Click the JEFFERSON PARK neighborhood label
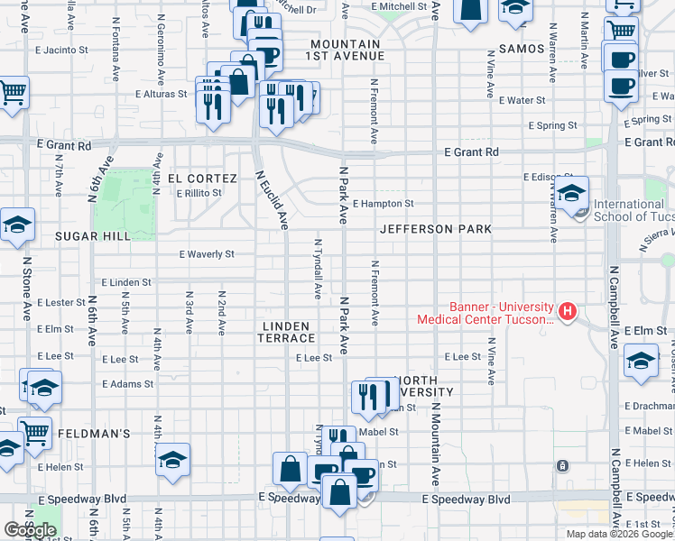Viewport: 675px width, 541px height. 436,229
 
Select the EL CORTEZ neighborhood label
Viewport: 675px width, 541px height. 200,179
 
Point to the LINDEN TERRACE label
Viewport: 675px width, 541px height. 288,332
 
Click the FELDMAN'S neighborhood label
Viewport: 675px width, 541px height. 95,434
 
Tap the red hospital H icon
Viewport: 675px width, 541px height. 567,312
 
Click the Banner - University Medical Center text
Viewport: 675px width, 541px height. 485,313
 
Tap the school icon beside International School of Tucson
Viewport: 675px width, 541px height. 571,194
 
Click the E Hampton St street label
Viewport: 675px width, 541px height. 383,204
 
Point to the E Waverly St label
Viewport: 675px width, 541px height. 207,255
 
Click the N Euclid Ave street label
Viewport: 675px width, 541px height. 271,200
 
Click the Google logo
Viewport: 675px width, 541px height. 30,529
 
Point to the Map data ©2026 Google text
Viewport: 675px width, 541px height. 618,534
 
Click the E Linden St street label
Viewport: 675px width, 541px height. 126,283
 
